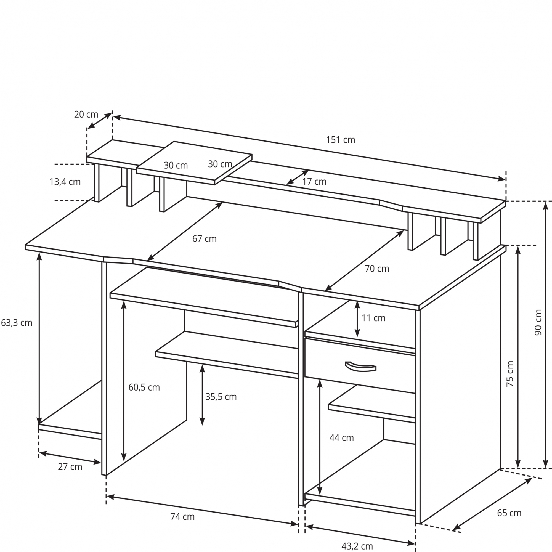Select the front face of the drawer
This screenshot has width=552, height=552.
360,365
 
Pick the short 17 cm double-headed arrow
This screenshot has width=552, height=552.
298,177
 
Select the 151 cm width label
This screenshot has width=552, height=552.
341,140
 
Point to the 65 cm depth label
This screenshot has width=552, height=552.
509,513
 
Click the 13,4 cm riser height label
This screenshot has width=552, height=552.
65,182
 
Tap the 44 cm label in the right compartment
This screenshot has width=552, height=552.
342,438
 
